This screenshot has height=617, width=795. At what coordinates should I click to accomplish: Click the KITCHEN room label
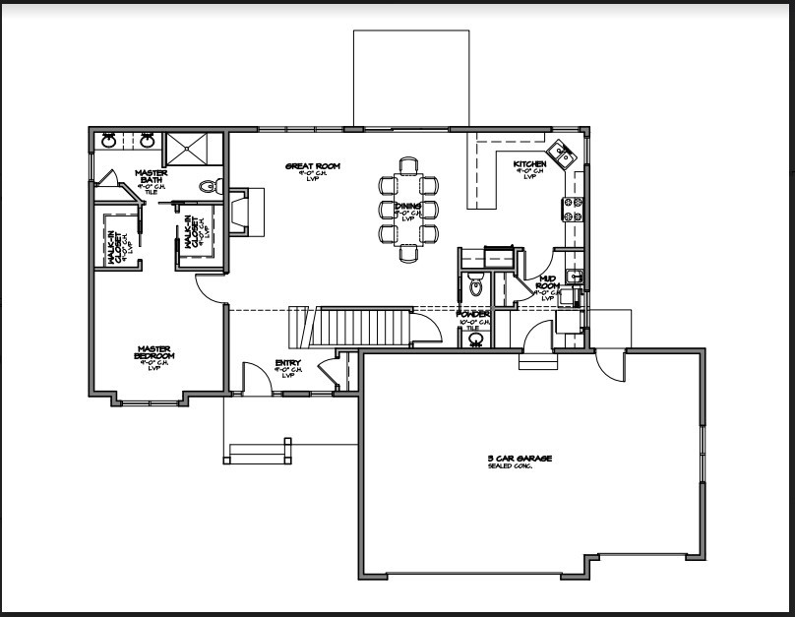point(529,163)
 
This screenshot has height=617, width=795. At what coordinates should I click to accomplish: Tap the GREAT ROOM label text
point(313,166)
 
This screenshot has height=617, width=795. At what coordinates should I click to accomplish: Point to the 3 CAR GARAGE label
point(520,459)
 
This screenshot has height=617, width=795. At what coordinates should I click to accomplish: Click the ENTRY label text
point(288,363)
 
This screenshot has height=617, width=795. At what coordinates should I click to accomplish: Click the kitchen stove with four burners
point(573,209)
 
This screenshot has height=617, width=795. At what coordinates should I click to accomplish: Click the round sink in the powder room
point(476,339)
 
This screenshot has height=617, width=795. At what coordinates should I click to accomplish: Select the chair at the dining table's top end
point(408,164)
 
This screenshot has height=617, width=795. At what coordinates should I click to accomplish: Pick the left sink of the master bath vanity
point(110,140)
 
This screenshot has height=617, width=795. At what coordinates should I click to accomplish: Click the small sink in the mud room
point(575,277)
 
